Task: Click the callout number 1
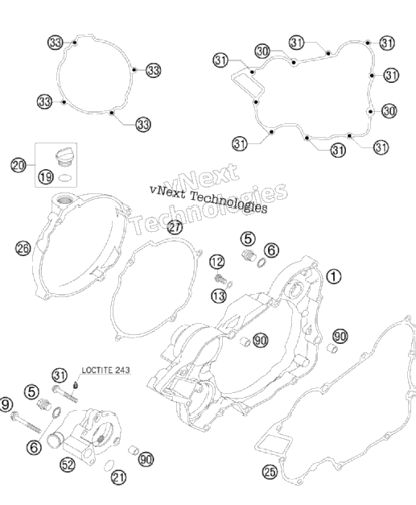click(x=334, y=276)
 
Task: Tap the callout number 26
click(x=23, y=248)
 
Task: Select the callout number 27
click(x=175, y=227)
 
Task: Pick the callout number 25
click(x=270, y=472)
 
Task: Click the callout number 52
click(x=68, y=465)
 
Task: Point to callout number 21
click(x=118, y=478)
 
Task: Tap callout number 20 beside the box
click(x=19, y=165)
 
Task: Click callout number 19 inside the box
click(x=46, y=177)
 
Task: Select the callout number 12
click(x=217, y=262)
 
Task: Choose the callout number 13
click(x=219, y=296)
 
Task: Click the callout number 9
click(x=6, y=404)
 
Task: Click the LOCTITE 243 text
click(x=106, y=370)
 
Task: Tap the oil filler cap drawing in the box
click(x=64, y=157)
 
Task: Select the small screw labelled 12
click(x=220, y=278)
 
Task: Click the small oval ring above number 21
click(x=109, y=465)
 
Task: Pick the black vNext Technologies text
click(x=208, y=200)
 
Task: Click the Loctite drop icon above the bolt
click(x=76, y=384)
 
